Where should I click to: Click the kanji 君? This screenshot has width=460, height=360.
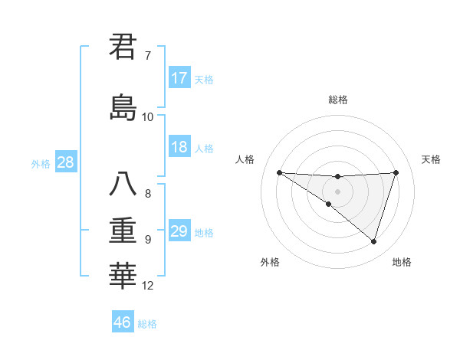pyautogui.click(x=123, y=47)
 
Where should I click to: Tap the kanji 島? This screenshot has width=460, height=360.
pyautogui.click(x=123, y=106)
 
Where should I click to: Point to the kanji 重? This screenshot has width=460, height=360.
pyautogui.click(x=123, y=230)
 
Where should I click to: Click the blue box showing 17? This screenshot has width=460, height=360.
pyautogui.click(x=179, y=78)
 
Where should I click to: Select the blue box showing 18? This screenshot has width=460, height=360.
pyautogui.click(x=179, y=146)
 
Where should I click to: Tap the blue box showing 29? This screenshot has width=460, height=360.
pyautogui.click(x=179, y=231)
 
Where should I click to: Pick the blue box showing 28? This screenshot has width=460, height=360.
pyautogui.click(x=64, y=162)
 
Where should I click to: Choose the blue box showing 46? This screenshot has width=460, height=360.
pyautogui.click(x=123, y=322)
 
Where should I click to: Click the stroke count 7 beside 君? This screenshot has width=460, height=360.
pyautogui.click(x=148, y=56)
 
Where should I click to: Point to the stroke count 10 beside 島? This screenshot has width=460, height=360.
pyautogui.click(x=148, y=116)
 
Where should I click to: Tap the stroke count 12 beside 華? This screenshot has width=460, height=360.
pyautogui.click(x=148, y=286)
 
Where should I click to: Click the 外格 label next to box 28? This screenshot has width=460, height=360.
pyautogui.click(x=41, y=164)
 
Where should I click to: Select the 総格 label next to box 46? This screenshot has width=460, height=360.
pyautogui.click(x=147, y=324)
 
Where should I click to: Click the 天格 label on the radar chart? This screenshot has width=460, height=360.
pyautogui.click(x=432, y=159)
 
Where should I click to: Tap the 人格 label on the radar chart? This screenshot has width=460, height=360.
pyautogui.click(x=245, y=159)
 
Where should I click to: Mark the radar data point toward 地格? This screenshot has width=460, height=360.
pyautogui.click(x=373, y=241)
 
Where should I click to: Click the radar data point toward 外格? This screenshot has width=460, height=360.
pyautogui.click(x=328, y=204)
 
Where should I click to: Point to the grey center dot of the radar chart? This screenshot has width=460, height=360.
pyautogui.click(x=337, y=191)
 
